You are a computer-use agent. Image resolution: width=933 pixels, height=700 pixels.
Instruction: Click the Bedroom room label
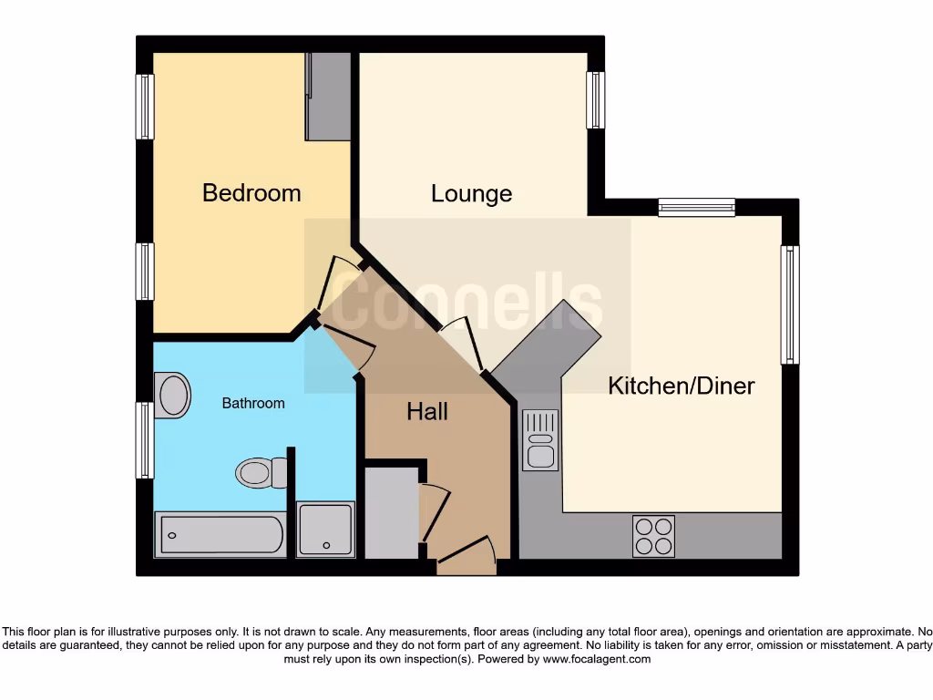[251, 193]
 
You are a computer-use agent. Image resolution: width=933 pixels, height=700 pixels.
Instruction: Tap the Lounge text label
[471, 194]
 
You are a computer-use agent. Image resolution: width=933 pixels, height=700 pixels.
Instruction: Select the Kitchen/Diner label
[681, 386]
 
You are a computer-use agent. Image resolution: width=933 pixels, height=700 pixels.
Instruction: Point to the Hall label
[426, 412]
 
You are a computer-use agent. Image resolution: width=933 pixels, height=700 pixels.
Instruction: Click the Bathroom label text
[253, 403]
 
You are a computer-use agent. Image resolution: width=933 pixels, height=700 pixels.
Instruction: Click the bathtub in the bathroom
[220, 535]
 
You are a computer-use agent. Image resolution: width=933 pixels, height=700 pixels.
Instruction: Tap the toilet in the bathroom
[260, 472]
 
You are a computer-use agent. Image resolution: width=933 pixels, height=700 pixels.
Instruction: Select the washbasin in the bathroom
[172, 395]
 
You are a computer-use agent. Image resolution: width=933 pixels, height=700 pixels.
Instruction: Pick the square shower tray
[325, 529]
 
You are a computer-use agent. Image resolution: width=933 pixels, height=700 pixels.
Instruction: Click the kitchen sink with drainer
[540, 439]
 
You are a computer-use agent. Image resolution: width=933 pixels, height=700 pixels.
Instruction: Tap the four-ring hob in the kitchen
[653, 536]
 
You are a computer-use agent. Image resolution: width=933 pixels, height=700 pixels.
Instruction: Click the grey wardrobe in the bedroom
[328, 96]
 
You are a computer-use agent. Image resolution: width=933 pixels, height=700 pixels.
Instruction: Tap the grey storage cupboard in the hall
[391, 512]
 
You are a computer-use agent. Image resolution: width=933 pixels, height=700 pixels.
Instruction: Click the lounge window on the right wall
[595, 99]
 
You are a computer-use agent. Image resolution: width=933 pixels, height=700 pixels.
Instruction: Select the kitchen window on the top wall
[696, 208]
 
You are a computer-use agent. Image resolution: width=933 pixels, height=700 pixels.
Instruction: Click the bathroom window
[144, 440]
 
